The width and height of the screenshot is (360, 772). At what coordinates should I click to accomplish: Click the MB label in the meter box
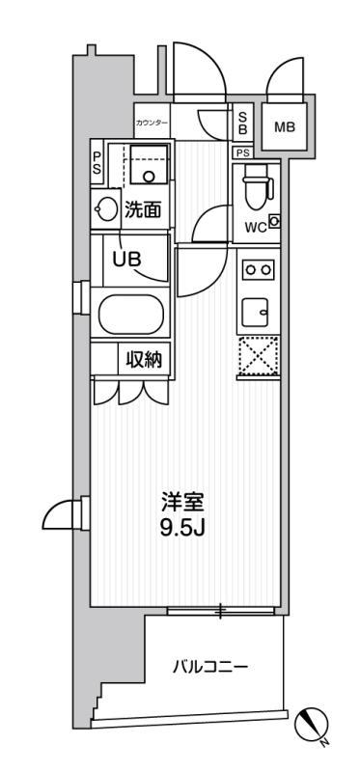[285, 127]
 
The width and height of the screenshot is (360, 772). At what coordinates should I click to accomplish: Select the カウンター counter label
[152, 123]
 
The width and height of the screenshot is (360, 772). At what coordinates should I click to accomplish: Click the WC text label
[256, 227]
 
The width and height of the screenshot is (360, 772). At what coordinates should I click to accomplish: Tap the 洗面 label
[143, 210]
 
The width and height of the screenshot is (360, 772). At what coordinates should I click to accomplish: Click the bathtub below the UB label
[130, 315]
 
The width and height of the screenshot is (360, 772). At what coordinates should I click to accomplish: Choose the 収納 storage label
[145, 361]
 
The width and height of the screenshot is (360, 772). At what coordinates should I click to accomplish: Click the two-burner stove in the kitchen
[259, 269]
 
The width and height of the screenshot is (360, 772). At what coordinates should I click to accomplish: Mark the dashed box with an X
[259, 356]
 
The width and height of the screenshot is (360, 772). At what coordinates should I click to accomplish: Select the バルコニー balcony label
[209, 668]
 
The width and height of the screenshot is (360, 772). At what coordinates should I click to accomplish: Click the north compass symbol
[311, 724]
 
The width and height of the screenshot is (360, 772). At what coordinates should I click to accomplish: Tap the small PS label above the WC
[242, 153]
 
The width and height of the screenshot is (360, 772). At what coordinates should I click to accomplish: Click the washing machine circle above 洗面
[147, 176]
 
